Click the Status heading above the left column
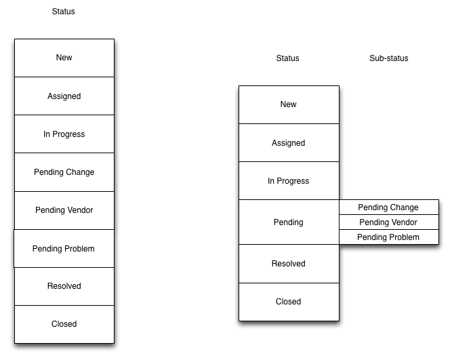coord(64,12)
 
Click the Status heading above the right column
coord(288,58)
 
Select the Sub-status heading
coord(389,58)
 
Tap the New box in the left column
coord(64,58)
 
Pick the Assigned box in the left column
coord(64,96)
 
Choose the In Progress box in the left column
coord(64,134)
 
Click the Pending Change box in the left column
coord(64,172)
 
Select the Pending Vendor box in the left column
coord(64,210)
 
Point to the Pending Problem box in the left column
coord(64,249)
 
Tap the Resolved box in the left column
coord(64,286)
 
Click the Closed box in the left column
coord(64,324)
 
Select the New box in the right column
coord(289,104)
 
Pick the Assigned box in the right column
coord(289,143)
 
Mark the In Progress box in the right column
coord(289,181)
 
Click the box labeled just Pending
coord(289,222)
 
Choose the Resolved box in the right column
coord(289,264)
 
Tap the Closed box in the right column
coord(289,302)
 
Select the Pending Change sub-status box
coord(388,207)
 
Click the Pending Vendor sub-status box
coord(388,222)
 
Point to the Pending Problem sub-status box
coord(388,237)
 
